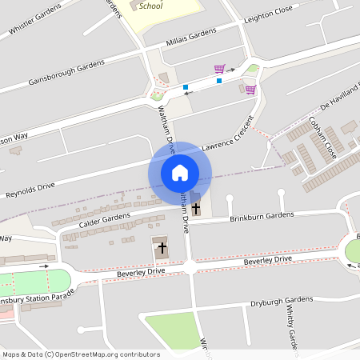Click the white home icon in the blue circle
[180, 173]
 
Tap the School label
[150, 6]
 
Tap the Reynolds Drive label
[30, 190]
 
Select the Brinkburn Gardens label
[262, 217]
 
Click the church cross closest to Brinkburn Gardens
[196, 207]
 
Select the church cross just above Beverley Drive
[162, 248]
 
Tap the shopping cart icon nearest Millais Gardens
[219, 69]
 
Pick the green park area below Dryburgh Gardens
[170, 330]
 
